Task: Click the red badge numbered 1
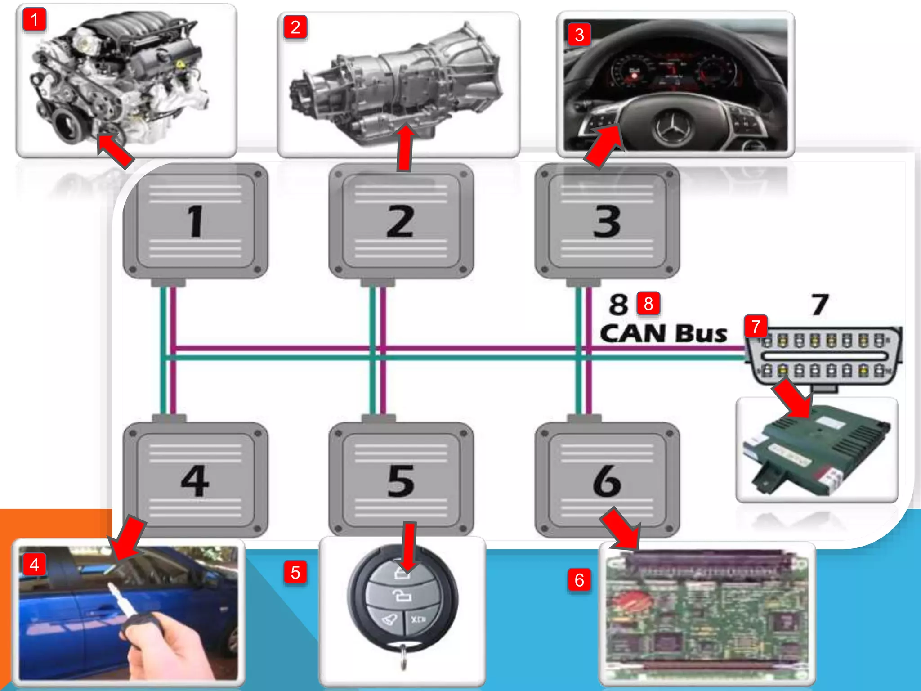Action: pos(34,20)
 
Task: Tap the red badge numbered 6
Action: pos(579,580)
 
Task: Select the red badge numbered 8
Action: pos(648,304)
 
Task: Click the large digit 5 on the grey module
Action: pos(400,481)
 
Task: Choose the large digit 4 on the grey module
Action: pos(195,481)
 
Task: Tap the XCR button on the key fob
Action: pos(418,619)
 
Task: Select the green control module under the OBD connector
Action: pos(817,450)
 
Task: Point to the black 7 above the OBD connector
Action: pos(819,305)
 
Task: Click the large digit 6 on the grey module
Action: pos(607,481)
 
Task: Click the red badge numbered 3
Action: pos(579,35)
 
